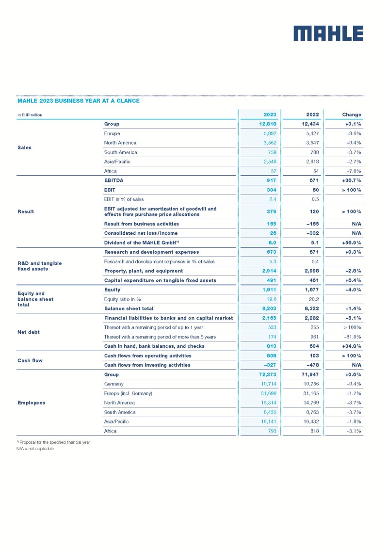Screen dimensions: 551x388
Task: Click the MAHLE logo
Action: (328, 33)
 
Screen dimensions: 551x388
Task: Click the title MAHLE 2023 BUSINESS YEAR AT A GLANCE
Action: (79, 101)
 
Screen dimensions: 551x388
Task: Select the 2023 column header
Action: (270, 115)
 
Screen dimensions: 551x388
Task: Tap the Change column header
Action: (351, 115)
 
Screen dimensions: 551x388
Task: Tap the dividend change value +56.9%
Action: (350, 243)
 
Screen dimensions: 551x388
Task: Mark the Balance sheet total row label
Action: (129, 308)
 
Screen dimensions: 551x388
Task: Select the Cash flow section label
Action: (31, 360)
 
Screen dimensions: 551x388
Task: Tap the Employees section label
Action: (32, 403)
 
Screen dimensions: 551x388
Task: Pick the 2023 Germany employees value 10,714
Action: (268, 384)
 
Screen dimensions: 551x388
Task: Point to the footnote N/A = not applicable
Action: (35, 449)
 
